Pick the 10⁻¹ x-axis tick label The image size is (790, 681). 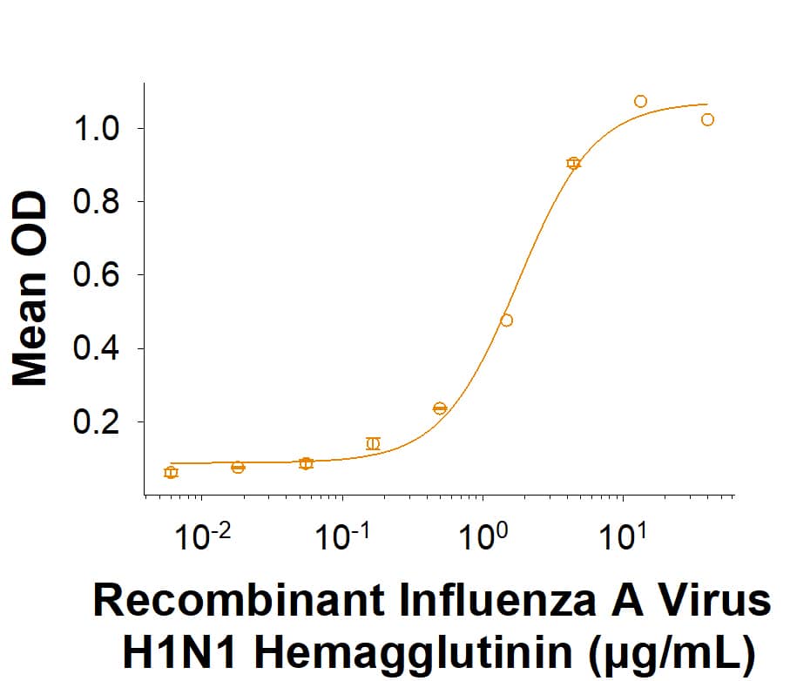[343, 536]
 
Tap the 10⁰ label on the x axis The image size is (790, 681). [483, 536]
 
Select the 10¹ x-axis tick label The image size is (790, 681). [622, 536]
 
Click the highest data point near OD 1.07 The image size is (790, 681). [640, 102]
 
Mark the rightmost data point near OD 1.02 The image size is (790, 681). [707, 120]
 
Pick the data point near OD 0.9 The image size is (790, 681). [573, 163]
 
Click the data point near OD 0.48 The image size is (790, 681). [506, 320]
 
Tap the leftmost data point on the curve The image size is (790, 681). [171, 472]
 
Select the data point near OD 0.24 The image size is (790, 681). [439, 408]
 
